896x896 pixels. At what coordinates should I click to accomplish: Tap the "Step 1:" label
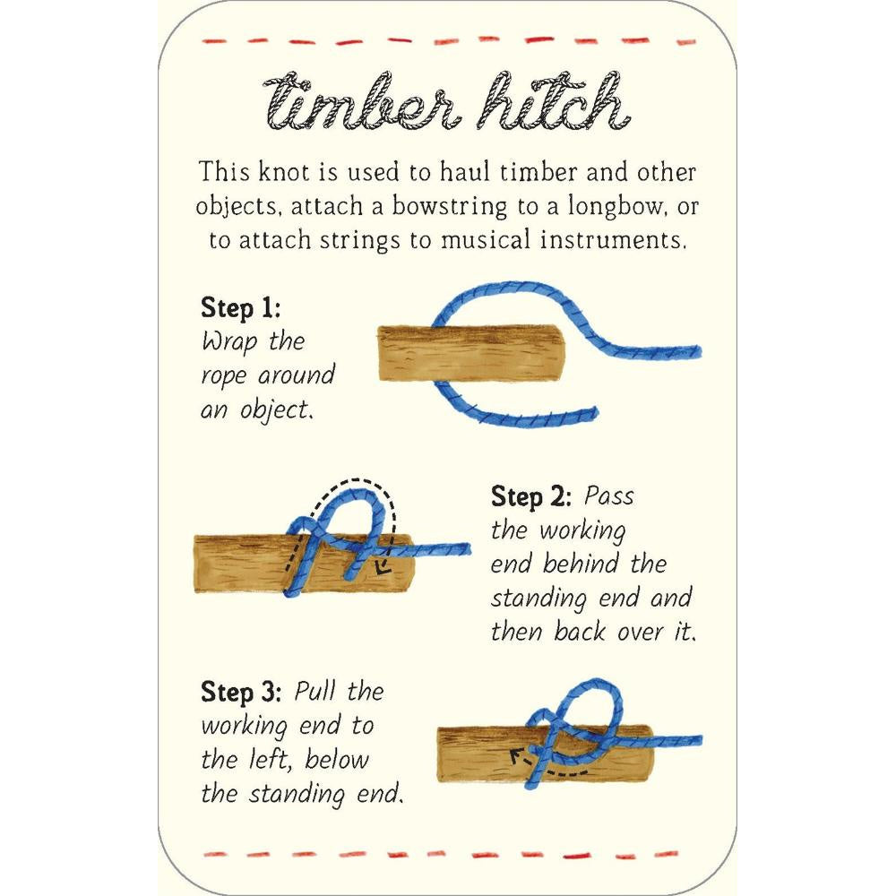240,308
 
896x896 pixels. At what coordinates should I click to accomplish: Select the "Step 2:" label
530,496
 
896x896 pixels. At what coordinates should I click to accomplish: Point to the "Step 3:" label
240,692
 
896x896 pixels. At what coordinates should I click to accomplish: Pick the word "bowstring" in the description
449,207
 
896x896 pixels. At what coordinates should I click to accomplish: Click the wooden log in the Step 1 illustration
471,353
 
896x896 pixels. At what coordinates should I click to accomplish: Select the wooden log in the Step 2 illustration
304,564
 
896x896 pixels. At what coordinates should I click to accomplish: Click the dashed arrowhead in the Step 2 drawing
382,567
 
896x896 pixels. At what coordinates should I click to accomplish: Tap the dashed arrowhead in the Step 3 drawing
517,758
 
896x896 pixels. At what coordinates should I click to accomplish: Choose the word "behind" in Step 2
581,564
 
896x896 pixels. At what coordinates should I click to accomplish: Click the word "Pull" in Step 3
314,692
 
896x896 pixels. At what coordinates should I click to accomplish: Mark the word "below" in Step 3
337,760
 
